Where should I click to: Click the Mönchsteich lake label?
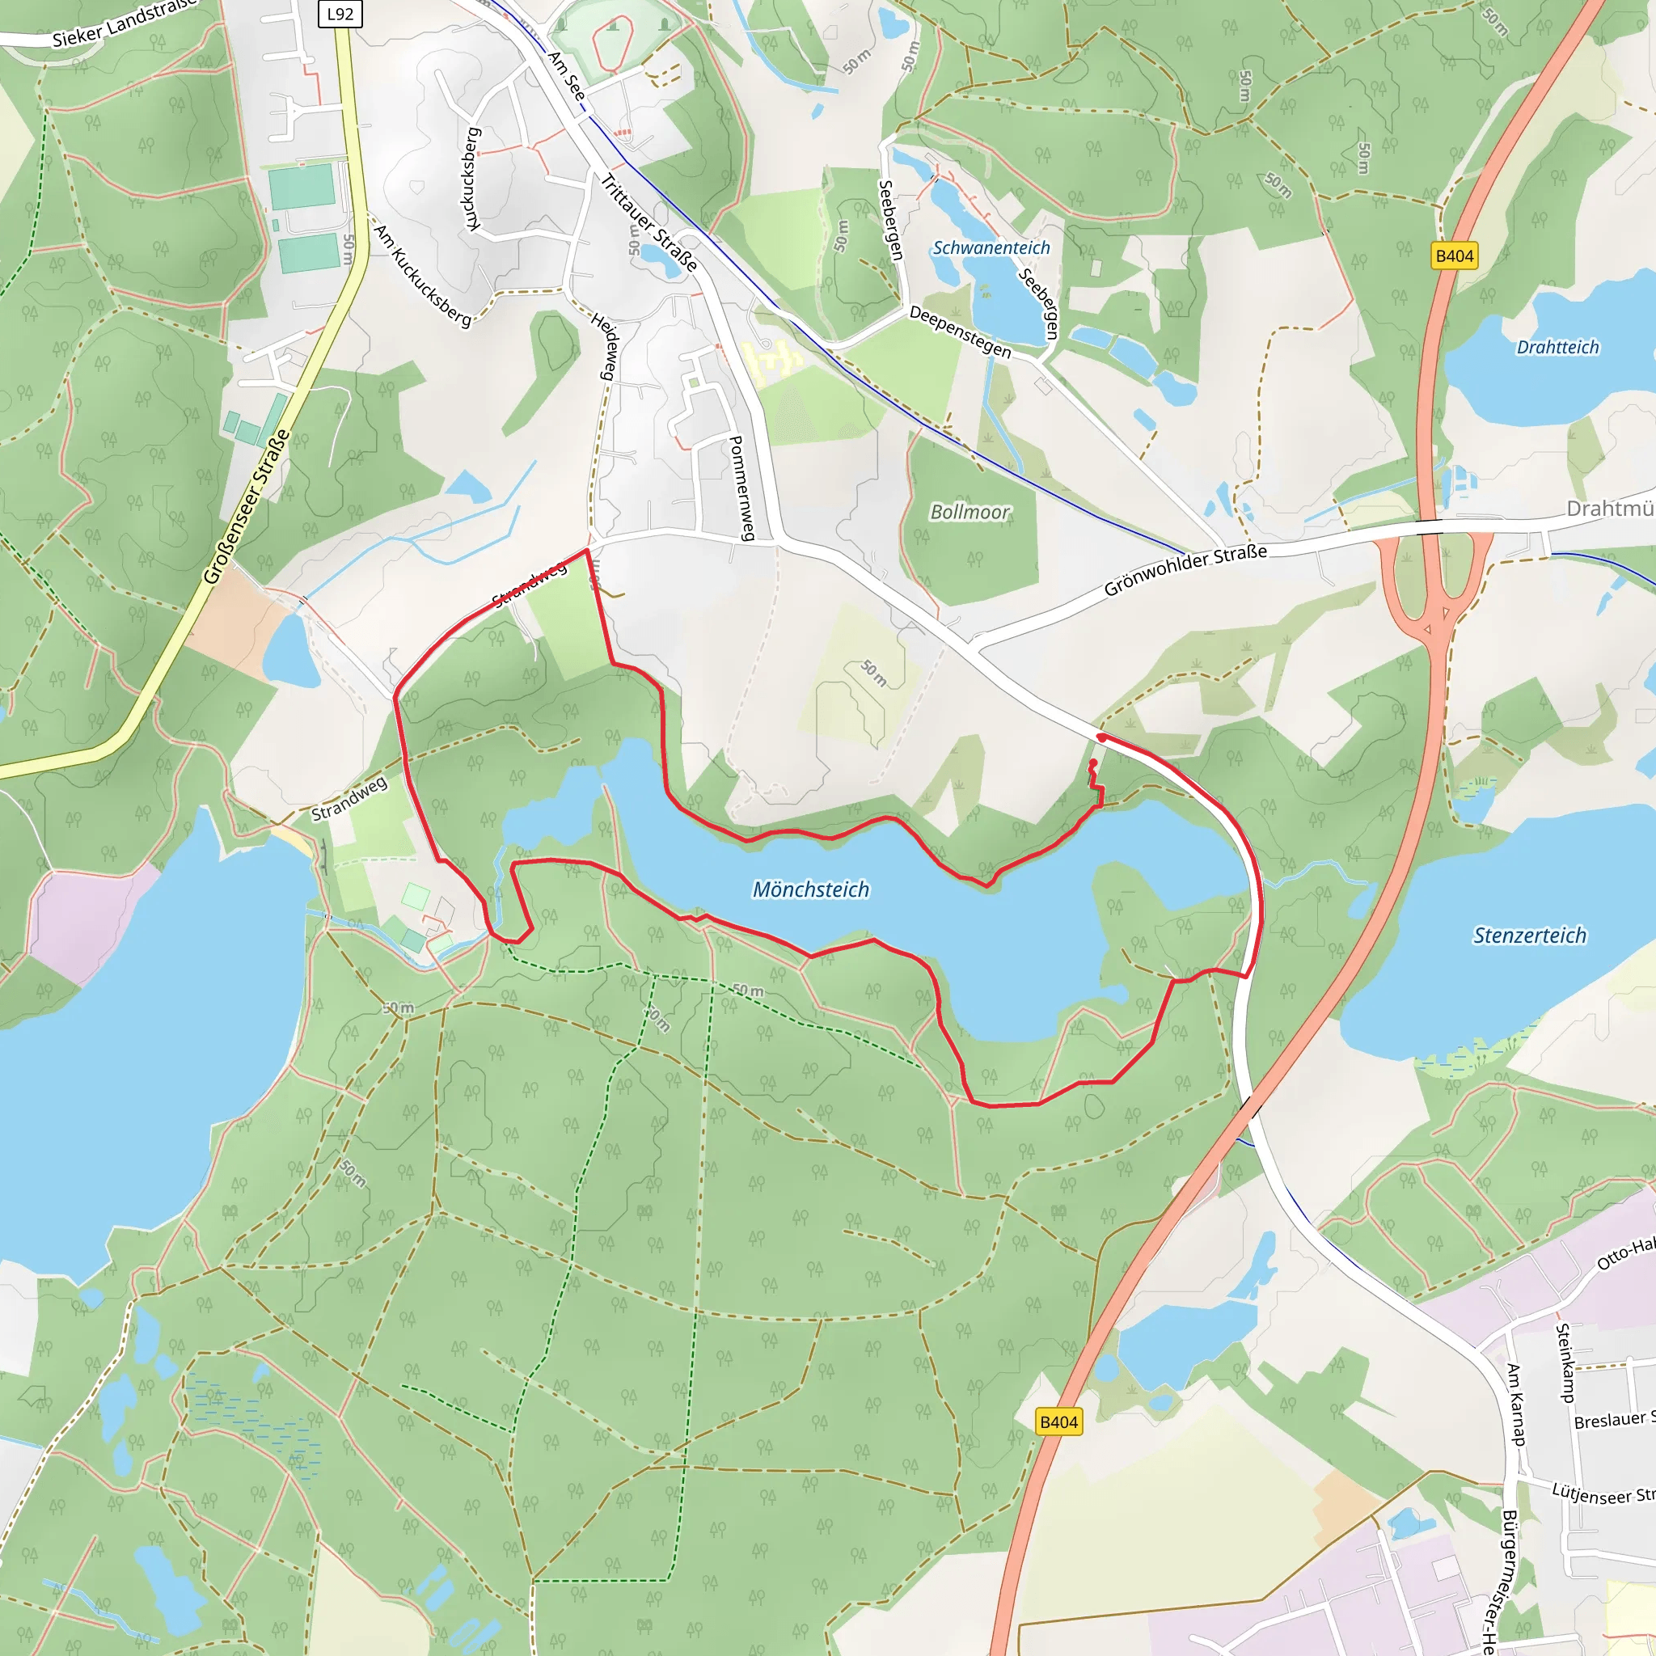[x=810, y=889]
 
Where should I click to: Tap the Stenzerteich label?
[x=1529, y=936]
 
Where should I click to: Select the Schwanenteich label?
[x=991, y=247]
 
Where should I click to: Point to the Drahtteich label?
[x=1557, y=347]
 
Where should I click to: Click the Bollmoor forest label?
[x=970, y=512]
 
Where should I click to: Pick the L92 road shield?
[x=340, y=14]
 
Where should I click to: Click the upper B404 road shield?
[x=1455, y=256]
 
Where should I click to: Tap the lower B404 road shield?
[x=1058, y=1422]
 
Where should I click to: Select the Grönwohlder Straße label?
[x=1185, y=570]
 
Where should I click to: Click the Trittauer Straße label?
[x=648, y=222]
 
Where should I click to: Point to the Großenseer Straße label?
[x=246, y=508]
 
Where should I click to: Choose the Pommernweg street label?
[x=741, y=488]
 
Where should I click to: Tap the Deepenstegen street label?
[x=960, y=332]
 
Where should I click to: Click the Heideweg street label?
[x=604, y=345]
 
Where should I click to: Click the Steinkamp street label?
[x=1565, y=1362]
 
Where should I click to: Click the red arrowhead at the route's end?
[x=1100, y=737]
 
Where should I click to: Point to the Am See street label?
[x=567, y=75]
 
